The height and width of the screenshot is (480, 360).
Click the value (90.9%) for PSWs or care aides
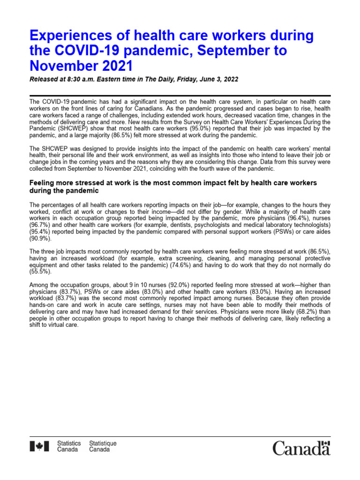(40, 239)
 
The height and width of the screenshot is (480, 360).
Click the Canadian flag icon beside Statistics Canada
(39, 447)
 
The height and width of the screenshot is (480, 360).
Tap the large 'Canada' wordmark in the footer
(301, 448)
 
